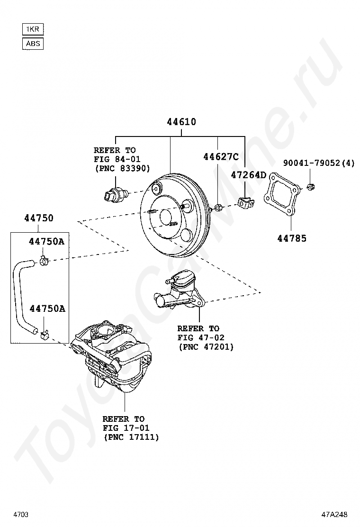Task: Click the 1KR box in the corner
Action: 33,29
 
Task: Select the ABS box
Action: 33,44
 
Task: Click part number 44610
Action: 181,122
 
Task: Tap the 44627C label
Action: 221,156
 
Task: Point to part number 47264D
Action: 249,175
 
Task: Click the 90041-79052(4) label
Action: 319,164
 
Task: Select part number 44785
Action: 292,238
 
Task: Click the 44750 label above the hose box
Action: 39,218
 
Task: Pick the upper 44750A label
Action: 46,241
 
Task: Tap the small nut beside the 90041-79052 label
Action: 310,187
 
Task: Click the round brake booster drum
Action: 175,217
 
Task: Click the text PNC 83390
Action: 122,168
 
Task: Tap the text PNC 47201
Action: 206,347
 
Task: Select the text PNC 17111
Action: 131,437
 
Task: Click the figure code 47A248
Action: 334,514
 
